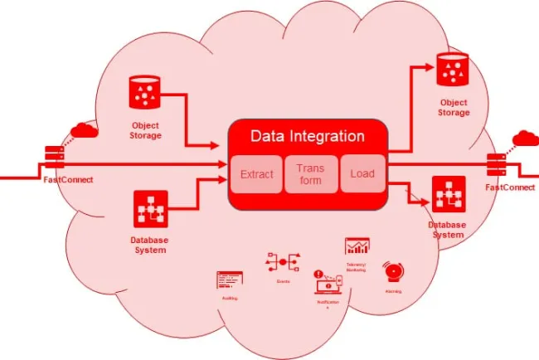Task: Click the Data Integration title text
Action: click(x=307, y=136)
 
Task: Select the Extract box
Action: click(x=256, y=174)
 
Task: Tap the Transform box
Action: click(x=309, y=174)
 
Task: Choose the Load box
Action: click(x=362, y=174)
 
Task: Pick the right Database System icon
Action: click(x=448, y=193)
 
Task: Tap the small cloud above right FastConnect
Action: click(x=525, y=137)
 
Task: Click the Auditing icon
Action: click(x=229, y=280)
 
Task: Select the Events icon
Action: click(x=282, y=263)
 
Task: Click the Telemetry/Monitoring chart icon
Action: click(x=357, y=246)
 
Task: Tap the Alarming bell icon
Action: click(x=392, y=272)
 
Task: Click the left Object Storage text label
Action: click(x=145, y=129)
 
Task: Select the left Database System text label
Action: click(x=151, y=245)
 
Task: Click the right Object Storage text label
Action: click(x=453, y=107)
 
